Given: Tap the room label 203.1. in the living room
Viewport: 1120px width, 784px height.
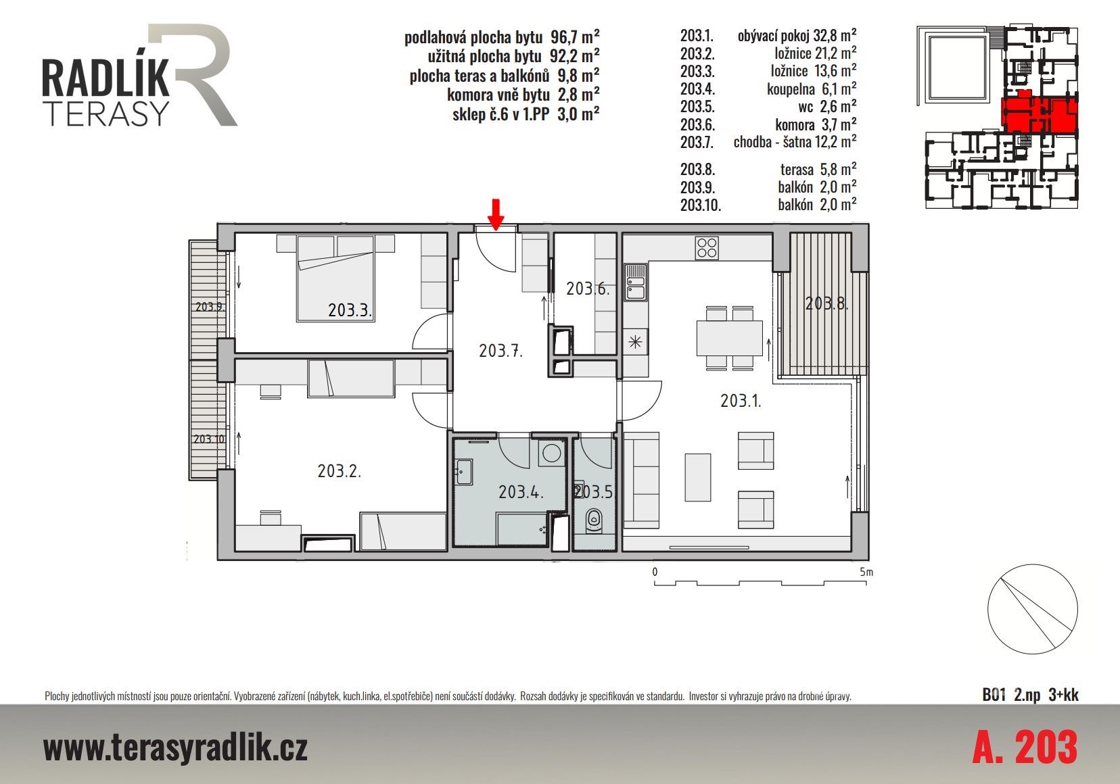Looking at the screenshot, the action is click(x=741, y=401).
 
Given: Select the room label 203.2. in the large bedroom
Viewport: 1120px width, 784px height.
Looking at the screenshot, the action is click(x=339, y=470).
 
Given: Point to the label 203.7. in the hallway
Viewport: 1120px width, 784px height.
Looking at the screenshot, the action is click(x=500, y=351).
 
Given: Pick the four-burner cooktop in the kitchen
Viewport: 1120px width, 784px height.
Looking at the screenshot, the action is click(x=707, y=248).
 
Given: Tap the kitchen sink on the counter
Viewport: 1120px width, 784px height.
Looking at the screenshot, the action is click(x=635, y=283).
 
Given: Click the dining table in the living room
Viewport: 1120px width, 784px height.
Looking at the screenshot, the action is click(x=729, y=339).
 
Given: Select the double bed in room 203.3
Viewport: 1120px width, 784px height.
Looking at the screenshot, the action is click(x=335, y=278).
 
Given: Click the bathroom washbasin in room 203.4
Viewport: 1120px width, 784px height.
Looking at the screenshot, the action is click(x=463, y=471).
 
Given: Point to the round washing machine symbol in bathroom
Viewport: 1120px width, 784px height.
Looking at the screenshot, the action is click(x=551, y=454).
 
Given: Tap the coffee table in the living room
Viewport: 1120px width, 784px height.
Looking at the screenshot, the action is click(x=697, y=477).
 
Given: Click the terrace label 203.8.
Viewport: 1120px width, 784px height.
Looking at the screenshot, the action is click(x=826, y=303).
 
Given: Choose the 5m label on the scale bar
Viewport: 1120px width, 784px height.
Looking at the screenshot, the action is click(x=866, y=572).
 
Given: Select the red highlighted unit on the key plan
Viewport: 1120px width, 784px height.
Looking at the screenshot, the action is click(x=1039, y=114).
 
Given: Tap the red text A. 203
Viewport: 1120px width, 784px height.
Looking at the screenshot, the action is click(x=1025, y=748).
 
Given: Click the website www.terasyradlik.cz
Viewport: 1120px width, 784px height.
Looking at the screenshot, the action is click(x=175, y=748).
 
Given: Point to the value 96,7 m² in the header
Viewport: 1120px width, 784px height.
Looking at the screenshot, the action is click(x=575, y=36).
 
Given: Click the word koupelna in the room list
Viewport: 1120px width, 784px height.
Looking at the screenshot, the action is click(x=791, y=89).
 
